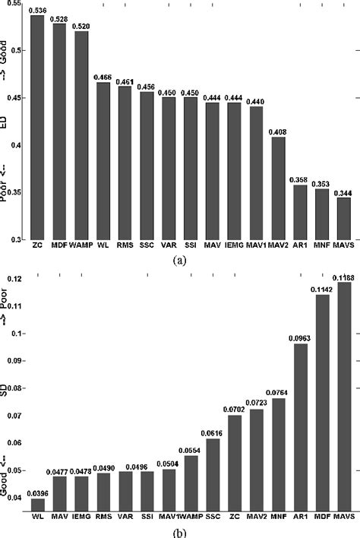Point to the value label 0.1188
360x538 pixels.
[345, 278]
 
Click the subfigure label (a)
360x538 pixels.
[179, 259]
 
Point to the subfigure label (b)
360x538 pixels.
[179, 532]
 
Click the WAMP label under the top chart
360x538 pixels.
[81, 246]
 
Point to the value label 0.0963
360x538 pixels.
[301, 340]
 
